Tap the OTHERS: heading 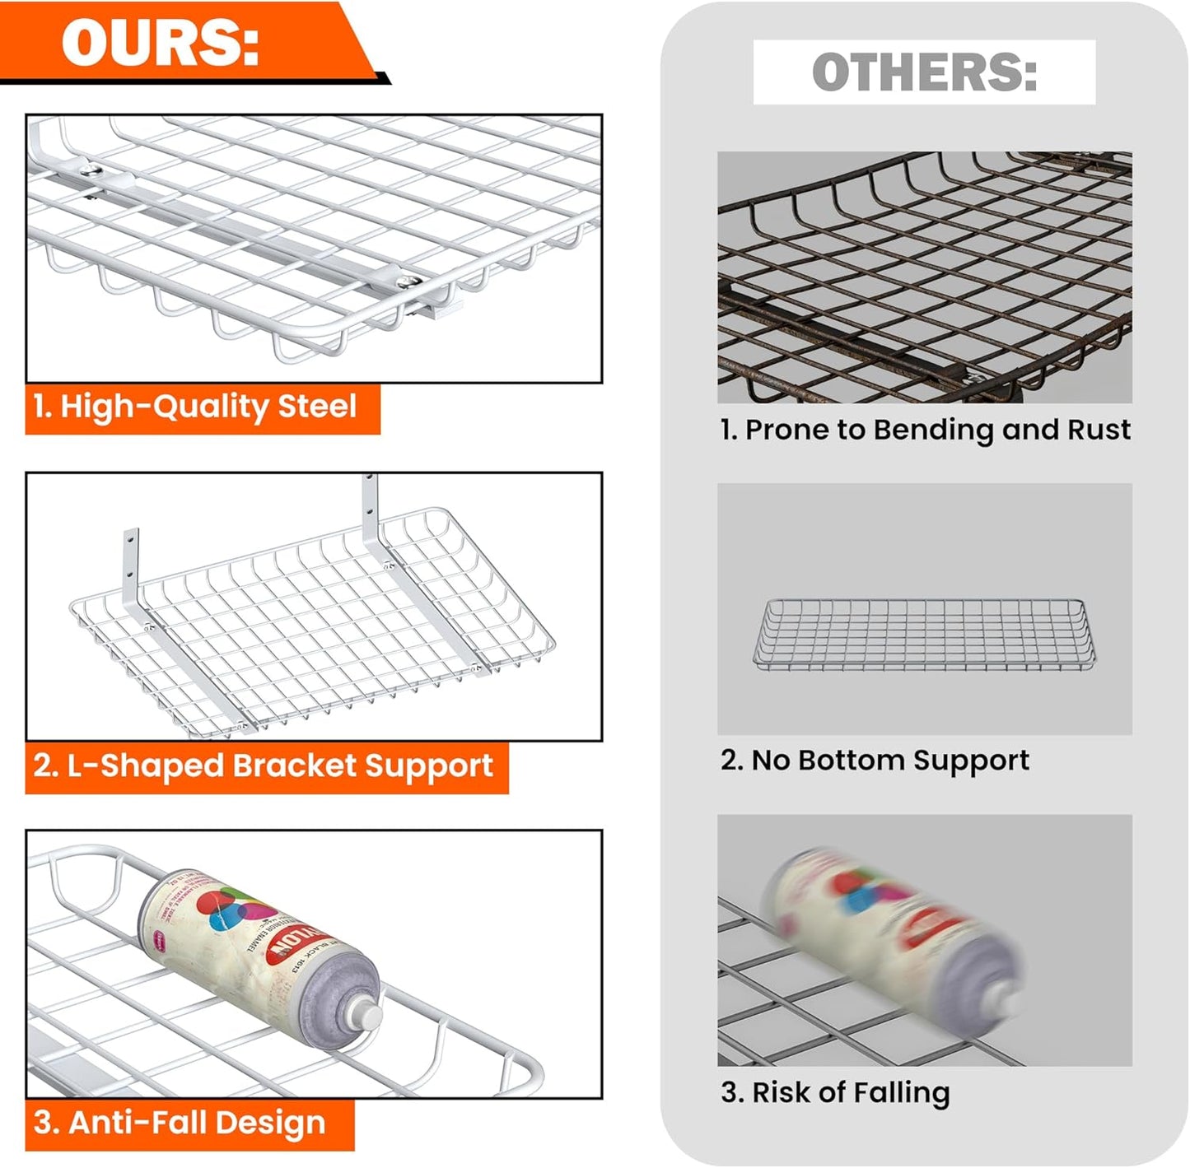point(924,72)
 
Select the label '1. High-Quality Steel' point(194,407)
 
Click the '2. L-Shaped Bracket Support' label point(264,765)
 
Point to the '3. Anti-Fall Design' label point(180,1123)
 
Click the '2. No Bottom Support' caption point(875,761)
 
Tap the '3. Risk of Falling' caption point(835,1093)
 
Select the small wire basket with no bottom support point(924,635)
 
